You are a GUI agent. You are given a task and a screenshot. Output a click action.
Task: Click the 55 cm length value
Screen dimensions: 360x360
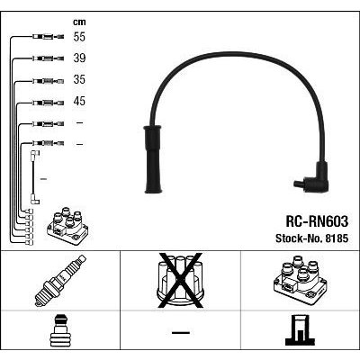click(79, 37)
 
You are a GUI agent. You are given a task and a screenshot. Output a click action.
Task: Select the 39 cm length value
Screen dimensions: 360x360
click(79, 58)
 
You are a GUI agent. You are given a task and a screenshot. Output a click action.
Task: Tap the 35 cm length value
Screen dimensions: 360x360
click(79, 79)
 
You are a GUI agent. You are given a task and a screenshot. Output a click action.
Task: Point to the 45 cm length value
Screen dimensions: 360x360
click(79, 101)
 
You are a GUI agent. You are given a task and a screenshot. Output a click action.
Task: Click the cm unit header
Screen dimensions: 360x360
click(79, 22)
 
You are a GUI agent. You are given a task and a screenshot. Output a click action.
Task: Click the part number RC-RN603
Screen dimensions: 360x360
click(317, 221)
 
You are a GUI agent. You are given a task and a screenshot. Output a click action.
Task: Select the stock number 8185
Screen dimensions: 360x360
click(336, 238)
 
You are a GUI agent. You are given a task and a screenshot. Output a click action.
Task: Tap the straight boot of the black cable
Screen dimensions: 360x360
click(153, 159)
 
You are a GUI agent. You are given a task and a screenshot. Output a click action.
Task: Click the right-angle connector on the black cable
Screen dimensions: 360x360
click(312, 178)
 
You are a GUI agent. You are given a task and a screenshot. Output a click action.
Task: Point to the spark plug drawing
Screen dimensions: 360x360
click(60, 281)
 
